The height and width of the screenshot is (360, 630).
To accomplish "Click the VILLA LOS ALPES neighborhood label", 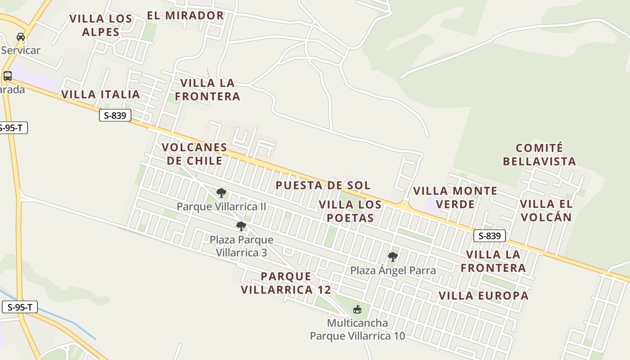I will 101,25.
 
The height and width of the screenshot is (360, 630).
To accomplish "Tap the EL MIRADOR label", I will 185,15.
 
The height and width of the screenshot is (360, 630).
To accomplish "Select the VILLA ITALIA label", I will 100,94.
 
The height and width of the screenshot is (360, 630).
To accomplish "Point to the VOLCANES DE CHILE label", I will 194,154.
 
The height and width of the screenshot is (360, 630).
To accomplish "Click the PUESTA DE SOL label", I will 323,185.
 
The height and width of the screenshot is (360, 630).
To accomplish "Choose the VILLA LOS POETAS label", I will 350,211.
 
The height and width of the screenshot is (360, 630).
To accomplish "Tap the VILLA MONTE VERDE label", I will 455,198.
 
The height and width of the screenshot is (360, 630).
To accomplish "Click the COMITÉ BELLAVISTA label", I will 539,154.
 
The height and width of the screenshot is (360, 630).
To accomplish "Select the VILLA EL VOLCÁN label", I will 546,211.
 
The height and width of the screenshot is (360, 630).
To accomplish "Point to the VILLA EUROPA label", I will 483,296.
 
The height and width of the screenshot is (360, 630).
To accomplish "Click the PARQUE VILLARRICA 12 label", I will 286,283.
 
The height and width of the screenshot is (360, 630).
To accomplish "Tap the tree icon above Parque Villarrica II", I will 221,193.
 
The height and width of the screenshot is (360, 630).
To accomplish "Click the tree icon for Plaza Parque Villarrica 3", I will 241,226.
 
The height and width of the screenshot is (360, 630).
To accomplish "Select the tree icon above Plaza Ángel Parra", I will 393,257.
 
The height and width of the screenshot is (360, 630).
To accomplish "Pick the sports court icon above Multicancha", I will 357,309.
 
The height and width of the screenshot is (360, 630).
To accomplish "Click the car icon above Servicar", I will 21,37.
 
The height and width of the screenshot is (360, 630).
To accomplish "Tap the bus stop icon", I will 8,76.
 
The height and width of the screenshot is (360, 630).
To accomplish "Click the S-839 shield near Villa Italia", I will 115,116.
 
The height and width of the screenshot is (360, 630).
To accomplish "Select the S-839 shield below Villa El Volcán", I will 490,236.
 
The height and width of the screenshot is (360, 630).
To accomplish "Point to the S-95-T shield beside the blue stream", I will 19,307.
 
